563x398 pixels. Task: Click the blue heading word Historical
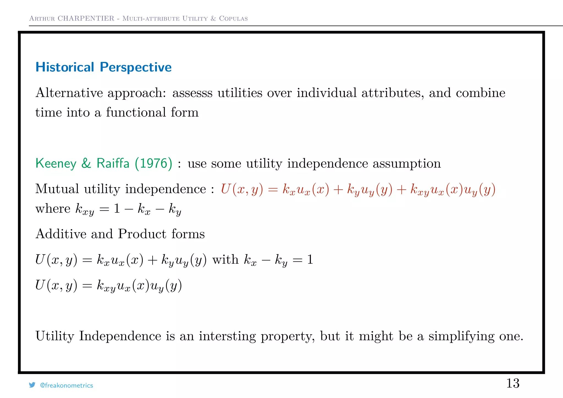pos(65,67)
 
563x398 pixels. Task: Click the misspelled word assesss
pos(192,93)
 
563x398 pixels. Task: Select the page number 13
pos(513,383)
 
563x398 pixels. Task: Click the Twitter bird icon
pos(32,385)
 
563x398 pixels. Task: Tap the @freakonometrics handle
pos(67,385)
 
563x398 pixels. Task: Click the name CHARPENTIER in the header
pos(86,18)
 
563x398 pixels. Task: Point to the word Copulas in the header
pos(233,19)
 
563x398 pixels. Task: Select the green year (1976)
pos(154,164)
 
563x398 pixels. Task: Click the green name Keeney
pos(56,164)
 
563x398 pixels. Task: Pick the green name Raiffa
pos(113,164)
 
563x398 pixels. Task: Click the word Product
pos(142,234)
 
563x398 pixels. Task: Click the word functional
pos(136,112)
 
